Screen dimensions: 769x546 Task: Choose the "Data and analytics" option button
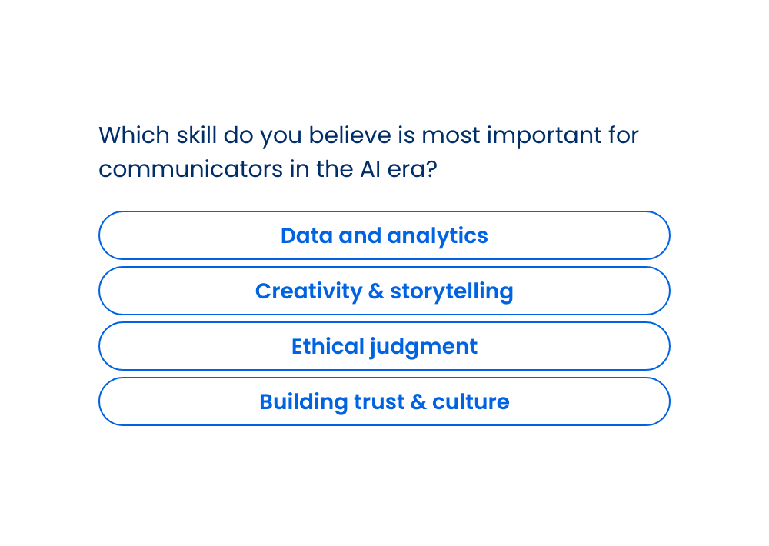[384, 235]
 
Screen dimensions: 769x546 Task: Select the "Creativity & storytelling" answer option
[384, 291]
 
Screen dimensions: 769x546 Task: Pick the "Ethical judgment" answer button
[384, 346]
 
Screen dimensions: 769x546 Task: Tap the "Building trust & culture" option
[384, 401]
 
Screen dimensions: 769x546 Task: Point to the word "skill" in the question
[196, 135]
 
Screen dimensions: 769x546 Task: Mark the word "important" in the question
[544, 136]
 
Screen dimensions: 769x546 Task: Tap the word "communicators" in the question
[191, 169]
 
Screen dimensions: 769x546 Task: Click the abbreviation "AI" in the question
[371, 169]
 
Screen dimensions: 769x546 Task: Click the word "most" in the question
[451, 136]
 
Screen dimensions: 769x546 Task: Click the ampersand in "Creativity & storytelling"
[376, 291]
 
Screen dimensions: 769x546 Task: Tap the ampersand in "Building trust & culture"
[418, 401]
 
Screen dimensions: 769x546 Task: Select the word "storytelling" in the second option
[451, 292]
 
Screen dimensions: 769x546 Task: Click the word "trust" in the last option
[379, 401]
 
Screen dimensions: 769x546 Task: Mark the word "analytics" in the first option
[438, 236]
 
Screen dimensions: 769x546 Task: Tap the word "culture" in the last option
[471, 401]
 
